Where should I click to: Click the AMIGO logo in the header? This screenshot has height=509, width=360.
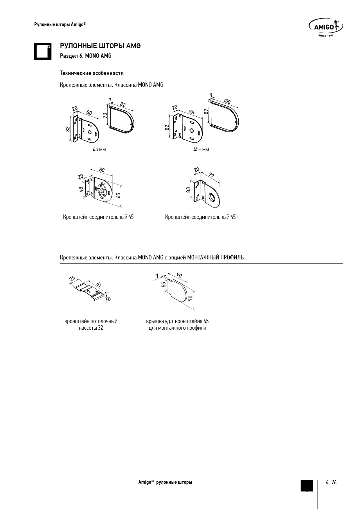point(325,28)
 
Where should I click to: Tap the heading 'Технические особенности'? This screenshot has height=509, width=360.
point(92,73)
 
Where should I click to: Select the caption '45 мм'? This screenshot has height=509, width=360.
point(99,149)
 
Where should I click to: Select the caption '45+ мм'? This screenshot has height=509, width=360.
point(201,149)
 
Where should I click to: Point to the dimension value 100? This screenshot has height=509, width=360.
point(227,101)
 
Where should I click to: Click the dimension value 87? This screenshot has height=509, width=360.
point(206,111)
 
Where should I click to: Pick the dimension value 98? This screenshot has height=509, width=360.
point(191,112)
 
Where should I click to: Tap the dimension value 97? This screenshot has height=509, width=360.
point(212,175)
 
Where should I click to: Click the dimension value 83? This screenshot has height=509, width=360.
point(188,190)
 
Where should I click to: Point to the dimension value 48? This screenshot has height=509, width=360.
point(81,189)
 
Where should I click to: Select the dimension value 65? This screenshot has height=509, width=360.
point(118,195)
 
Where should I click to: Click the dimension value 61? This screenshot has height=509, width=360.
point(99,285)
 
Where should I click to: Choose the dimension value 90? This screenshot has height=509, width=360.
point(179,275)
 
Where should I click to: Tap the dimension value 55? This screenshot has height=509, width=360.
point(164,285)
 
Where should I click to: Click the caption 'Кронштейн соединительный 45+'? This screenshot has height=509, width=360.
point(202,217)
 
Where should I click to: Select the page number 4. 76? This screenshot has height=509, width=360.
point(331,482)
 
